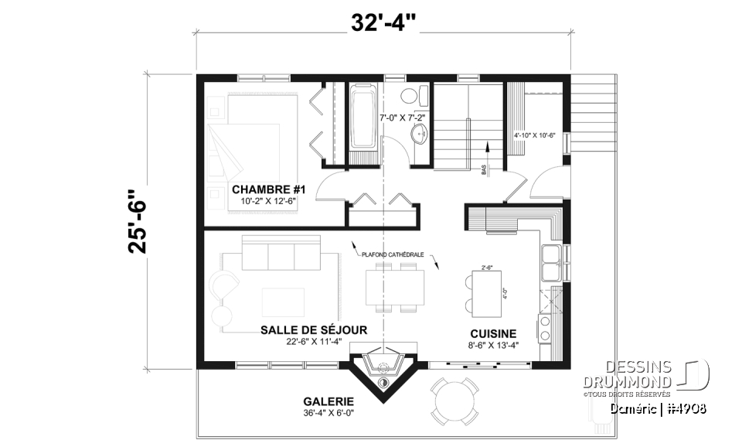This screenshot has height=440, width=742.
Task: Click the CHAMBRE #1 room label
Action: coord(264,189)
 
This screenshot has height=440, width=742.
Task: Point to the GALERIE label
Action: coord(328,401)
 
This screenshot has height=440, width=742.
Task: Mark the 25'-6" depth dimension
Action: coord(138,222)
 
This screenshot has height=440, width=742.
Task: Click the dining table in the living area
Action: coord(395,287)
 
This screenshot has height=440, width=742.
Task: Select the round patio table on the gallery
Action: coord(454,400)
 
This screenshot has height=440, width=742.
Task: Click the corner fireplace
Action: coord(383,367)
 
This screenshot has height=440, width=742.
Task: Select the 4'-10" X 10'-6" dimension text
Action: coord(535,135)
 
